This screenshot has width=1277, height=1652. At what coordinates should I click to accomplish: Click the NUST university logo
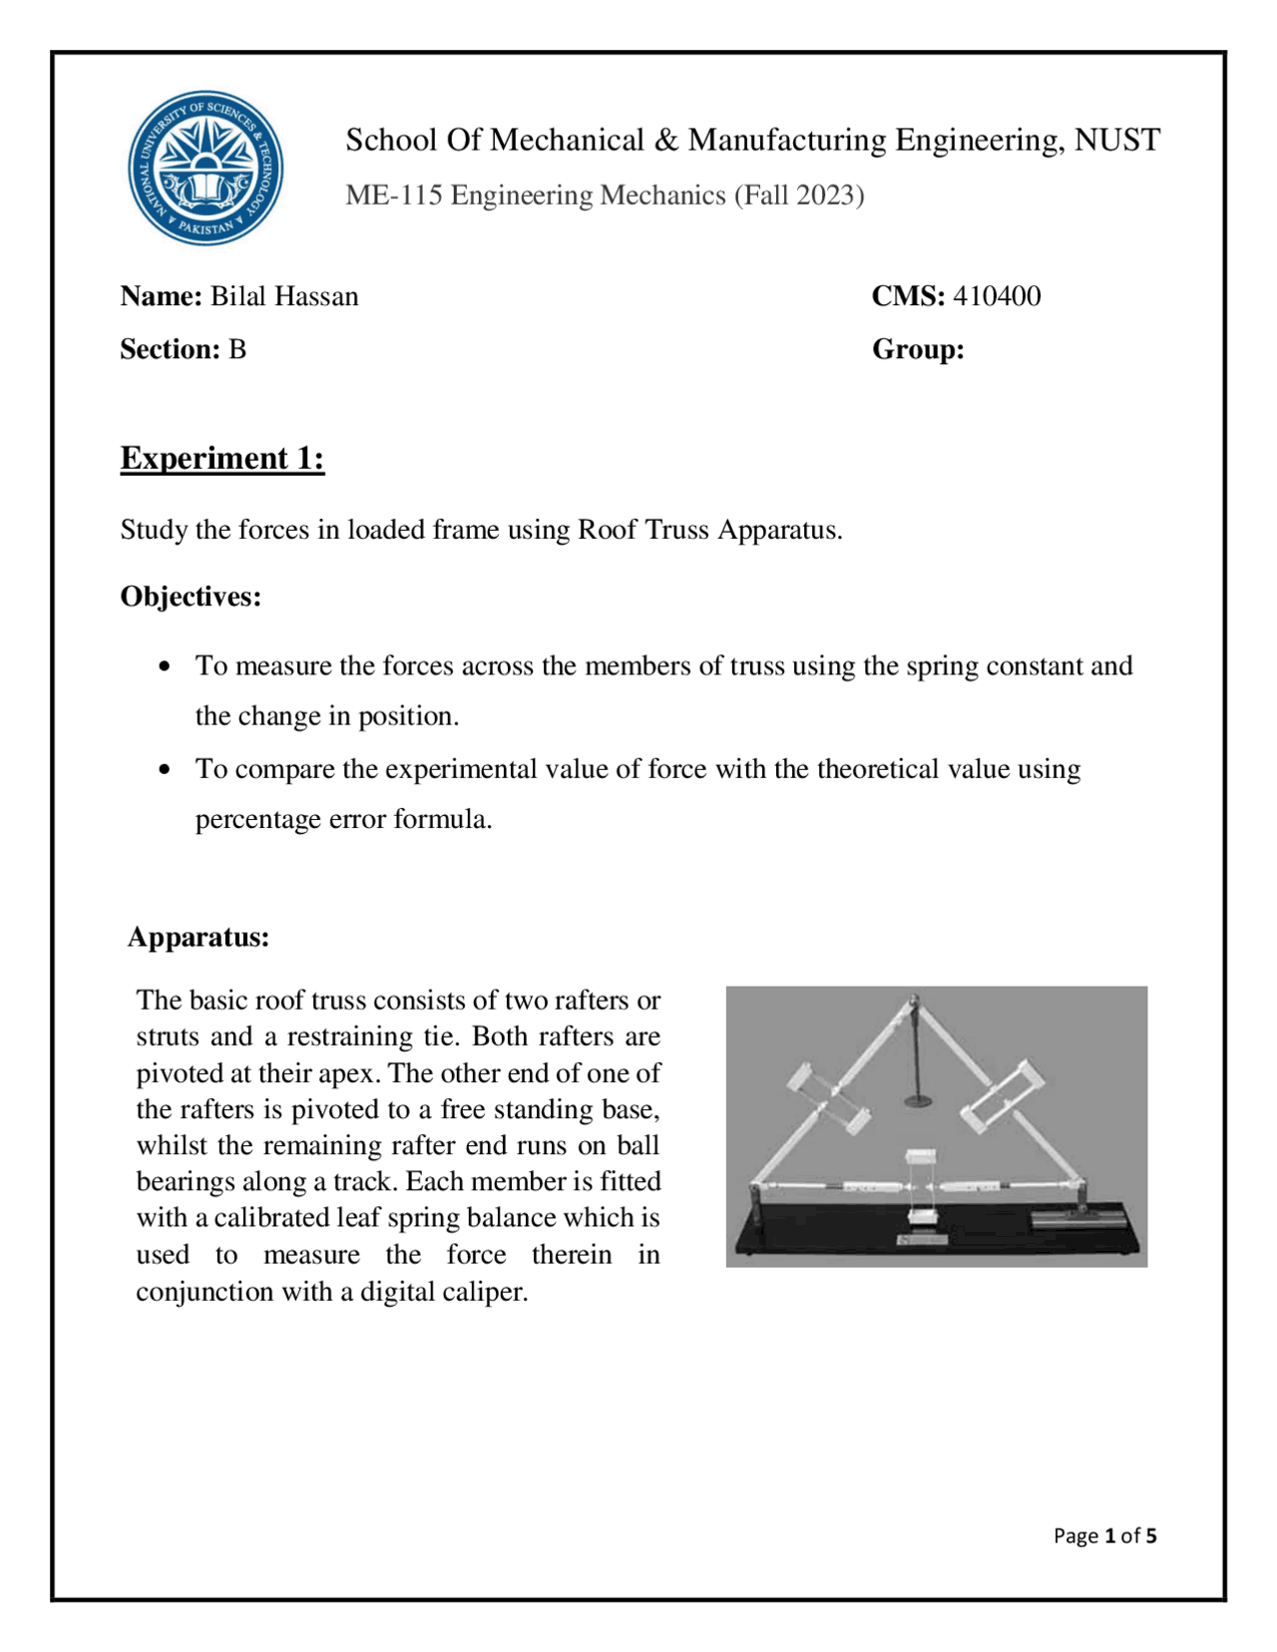pyautogui.click(x=206, y=168)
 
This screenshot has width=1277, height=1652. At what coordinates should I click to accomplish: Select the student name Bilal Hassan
pyautogui.click(x=284, y=297)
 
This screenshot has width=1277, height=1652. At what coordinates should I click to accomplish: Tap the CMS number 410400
pyautogui.click(x=997, y=296)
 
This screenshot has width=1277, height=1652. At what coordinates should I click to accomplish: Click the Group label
pyautogui.click(x=918, y=350)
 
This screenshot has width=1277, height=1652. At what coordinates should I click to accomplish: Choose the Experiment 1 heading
pyautogui.click(x=222, y=458)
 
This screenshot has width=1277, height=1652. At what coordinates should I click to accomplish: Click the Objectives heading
pyautogui.click(x=191, y=597)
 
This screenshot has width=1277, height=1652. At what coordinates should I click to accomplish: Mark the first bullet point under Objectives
pyautogui.click(x=165, y=666)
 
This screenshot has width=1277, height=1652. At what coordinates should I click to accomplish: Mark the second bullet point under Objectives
pyautogui.click(x=165, y=770)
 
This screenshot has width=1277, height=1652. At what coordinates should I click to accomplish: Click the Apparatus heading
pyautogui.click(x=199, y=938)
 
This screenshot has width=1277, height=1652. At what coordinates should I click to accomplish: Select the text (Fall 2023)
pyautogui.click(x=799, y=196)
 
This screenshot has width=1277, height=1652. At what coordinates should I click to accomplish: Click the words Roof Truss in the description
pyautogui.click(x=644, y=530)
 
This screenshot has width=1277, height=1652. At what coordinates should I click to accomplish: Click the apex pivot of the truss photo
pyautogui.click(x=913, y=1001)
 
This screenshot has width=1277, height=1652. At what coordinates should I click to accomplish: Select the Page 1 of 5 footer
pyautogui.click(x=1104, y=1536)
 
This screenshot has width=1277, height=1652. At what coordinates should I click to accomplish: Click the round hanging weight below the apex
pyautogui.click(x=918, y=1101)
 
